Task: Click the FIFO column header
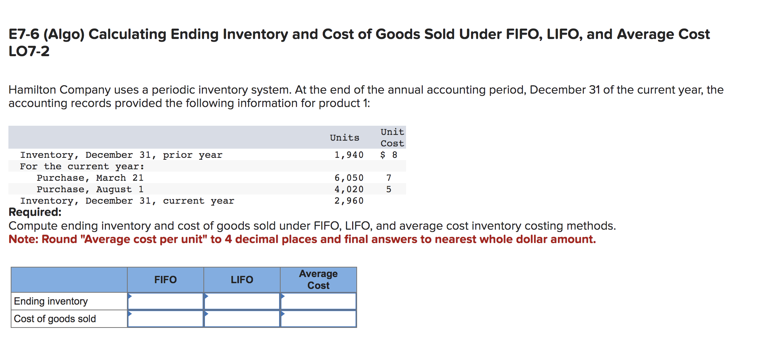165,280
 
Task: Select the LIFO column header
242,280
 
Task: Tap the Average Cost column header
318,280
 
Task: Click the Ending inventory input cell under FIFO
165,301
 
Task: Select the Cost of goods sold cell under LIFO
242,319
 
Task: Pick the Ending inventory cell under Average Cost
318,301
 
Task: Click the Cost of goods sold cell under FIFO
165,319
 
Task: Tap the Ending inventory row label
51,301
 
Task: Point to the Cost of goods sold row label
55,319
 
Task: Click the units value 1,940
349,155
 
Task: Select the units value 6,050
349,178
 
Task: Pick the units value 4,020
349,189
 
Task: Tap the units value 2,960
349,201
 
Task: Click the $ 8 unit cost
389,155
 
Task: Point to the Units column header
344,138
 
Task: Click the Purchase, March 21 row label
90,178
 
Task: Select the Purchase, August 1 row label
90,189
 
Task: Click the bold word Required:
35,212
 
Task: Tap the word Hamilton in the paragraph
32,90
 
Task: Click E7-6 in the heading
24,34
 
